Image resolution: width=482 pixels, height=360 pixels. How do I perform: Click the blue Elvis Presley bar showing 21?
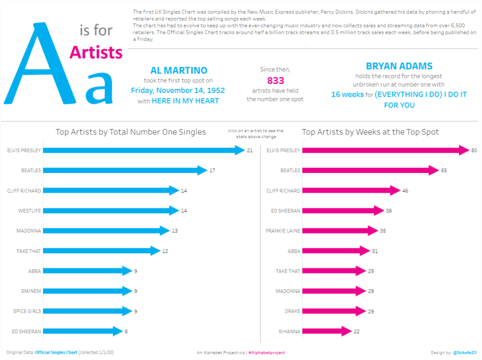pyautogui.click(x=141, y=150)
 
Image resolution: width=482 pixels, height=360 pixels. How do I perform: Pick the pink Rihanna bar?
pyautogui.click(x=325, y=331)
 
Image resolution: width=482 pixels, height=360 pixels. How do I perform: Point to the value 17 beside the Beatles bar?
pyautogui.click(x=212, y=170)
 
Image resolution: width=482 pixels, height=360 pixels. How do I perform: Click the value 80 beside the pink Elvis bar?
pyautogui.click(x=474, y=150)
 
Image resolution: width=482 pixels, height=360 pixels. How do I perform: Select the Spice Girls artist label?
pyautogui.click(x=27, y=311)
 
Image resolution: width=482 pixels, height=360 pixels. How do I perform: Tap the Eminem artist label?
pyautogui.click(x=31, y=291)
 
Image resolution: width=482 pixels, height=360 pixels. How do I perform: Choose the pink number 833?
pyautogui.click(x=275, y=81)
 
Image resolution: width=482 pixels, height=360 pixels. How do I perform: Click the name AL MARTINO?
pyautogui.click(x=179, y=71)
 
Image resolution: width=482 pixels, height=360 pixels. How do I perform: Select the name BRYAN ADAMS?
pyautogui.click(x=399, y=66)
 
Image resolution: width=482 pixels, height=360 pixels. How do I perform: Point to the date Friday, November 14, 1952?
pyautogui.click(x=178, y=90)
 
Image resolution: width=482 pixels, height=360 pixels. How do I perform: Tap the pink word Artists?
pyautogui.click(x=96, y=52)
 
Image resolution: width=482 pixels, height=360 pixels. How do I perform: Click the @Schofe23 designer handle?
pyautogui.click(x=465, y=352)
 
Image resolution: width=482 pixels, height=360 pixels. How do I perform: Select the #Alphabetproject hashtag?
pyautogui.click(x=266, y=352)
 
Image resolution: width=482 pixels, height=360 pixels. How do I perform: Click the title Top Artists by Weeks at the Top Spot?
pyautogui.click(x=370, y=132)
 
